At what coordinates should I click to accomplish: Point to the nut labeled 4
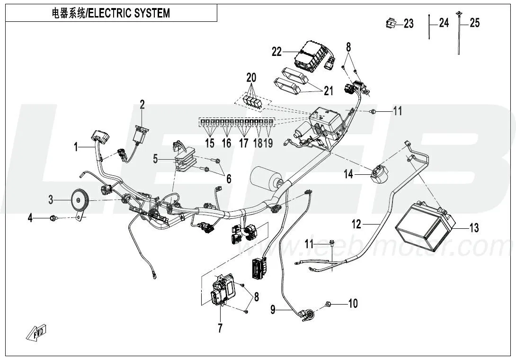[53, 218]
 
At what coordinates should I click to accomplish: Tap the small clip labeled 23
[390, 22]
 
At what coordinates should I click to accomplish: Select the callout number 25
[474, 23]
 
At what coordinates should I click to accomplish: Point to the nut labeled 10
[328, 303]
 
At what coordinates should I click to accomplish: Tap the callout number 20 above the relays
[251, 77]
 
